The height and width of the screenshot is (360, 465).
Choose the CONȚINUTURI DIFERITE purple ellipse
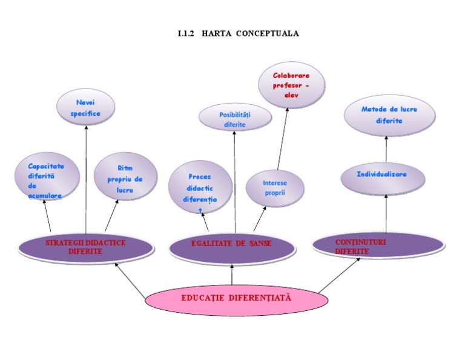click(378, 245)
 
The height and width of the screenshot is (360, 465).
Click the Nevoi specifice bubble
click(85, 107)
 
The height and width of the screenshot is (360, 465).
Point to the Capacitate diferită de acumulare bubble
click(47, 178)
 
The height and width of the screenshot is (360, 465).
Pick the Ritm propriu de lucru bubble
click(125, 176)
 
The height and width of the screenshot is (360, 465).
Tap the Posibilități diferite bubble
click(234, 117)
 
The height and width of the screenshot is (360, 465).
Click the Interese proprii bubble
click(275, 188)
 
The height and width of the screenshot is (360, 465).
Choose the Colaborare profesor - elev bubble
click(291, 85)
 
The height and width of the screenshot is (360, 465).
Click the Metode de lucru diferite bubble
click(389, 117)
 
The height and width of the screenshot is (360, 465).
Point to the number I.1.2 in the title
click(185, 33)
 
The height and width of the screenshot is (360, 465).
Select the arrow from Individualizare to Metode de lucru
click(386, 148)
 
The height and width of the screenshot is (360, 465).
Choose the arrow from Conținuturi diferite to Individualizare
click(386, 213)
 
